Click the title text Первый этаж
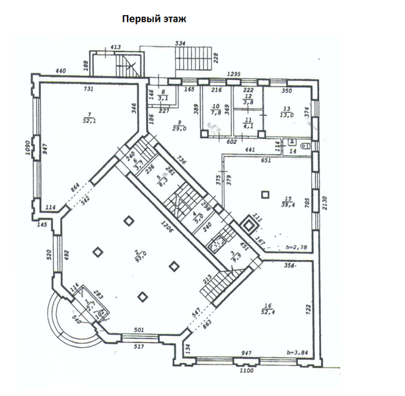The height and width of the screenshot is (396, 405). pos(154,18)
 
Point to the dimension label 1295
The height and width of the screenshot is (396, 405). pos(233,74)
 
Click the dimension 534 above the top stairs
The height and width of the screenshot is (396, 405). pos(180,44)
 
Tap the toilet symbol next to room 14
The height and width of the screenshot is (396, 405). pos(305,145)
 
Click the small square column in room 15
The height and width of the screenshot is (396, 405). pos(265,194)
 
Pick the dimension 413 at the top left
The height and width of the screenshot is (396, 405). pos(115,47)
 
